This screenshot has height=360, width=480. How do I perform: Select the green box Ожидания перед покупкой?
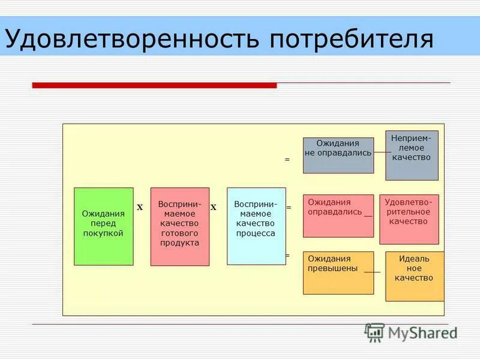tap(103, 226)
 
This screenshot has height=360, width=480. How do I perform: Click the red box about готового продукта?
tap(179, 226)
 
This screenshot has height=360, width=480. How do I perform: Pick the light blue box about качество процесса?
tap(256, 226)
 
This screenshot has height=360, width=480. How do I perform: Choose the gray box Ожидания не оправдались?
tap(338, 155)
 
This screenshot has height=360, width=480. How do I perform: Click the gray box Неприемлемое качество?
tap(412, 155)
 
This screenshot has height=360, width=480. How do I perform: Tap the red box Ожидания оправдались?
tap(338, 215)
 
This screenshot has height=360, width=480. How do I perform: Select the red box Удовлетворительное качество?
tap(409, 219)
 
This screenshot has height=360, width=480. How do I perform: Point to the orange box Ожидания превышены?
tap(338, 272)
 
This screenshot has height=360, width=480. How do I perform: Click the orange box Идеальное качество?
tap(414, 276)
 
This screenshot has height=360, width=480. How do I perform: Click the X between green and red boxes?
tap(140, 207)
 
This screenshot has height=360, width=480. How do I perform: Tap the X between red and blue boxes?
tap(213, 207)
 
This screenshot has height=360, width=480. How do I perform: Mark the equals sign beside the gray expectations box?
tap(287, 160)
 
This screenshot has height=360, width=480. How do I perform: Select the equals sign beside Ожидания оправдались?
tap(288, 207)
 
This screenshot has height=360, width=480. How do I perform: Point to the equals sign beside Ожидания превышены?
tap(287, 255)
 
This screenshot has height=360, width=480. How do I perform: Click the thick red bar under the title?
tap(154, 85)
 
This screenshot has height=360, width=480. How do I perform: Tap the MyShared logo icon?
tap(374, 332)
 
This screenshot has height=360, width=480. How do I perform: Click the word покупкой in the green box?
tap(103, 233)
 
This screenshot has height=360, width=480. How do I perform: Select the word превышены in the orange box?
tap(333, 268)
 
